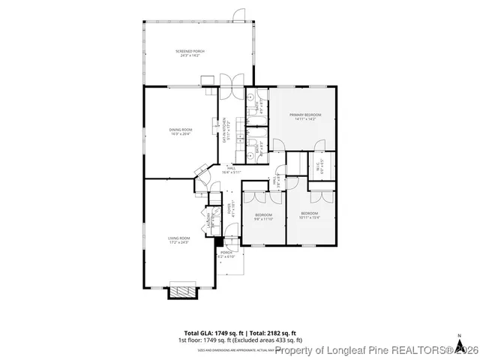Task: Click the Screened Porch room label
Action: [190, 53]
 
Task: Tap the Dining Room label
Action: [180, 132]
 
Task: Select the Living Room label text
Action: [178, 241]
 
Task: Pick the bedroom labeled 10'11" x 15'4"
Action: [310, 217]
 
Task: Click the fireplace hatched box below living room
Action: [181, 290]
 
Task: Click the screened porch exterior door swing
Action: [238, 15]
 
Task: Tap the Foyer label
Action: [232, 209]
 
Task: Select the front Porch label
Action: [226, 254]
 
